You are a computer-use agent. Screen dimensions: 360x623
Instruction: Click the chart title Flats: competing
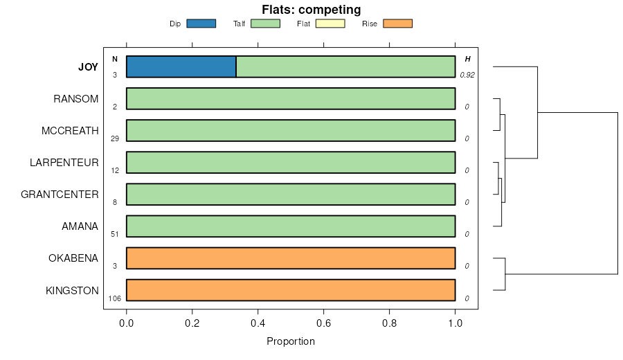(x=311, y=10)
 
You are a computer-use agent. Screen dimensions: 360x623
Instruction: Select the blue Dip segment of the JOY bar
(x=181, y=66)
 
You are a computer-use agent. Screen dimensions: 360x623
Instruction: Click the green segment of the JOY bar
(x=345, y=66)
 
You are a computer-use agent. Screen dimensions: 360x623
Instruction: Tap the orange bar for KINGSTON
(x=291, y=290)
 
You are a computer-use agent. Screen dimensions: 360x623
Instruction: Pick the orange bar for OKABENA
(x=291, y=258)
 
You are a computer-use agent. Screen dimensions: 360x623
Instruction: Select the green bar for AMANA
(x=291, y=226)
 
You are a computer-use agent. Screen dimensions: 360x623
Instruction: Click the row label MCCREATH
(x=70, y=131)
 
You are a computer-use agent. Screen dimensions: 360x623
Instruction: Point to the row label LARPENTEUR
(x=64, y=163)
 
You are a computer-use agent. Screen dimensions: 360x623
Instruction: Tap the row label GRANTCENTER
(x=60, y=195)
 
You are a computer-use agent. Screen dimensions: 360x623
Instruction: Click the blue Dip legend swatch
(x=201, y=24)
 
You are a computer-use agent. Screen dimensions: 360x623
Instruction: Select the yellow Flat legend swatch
(x=329, y=24)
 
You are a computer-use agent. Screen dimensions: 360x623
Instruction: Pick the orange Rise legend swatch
(x=397, y=24)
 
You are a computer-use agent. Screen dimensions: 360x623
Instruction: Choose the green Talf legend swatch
(x=265, y=24)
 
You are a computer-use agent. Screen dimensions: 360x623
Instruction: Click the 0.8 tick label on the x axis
(x=390, y=323)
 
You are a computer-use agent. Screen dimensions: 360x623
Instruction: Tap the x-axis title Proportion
(x=291, y=341)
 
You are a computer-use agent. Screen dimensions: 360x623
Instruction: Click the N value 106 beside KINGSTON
(x=115, y=298)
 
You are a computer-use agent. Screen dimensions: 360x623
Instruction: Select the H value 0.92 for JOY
(x=467, y=75)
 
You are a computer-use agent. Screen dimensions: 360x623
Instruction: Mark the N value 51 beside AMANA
(x=115, y=234)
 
